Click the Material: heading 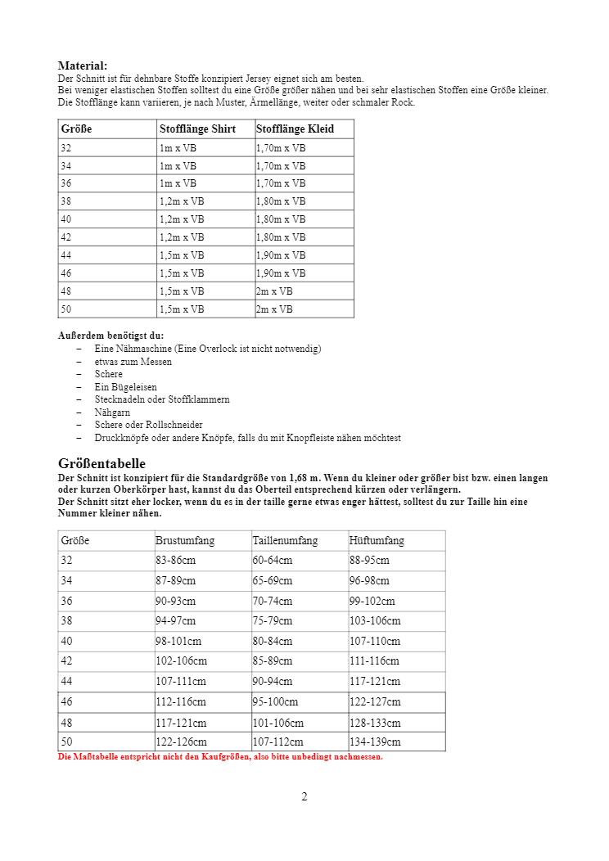pos(82,65)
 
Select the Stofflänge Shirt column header pos(197,129)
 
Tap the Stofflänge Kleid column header pos(295,129)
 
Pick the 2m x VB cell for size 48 pos(274,291)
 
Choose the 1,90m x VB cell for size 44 pos(281,255)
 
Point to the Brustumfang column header pos(185,541)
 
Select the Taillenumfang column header pos(285,541)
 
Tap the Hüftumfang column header pos(377,541)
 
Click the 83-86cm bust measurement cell pos(175,561)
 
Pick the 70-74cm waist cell pos(273,601)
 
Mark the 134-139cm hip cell pos(375,742)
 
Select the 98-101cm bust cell pos(178,642)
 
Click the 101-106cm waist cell pos(277,723)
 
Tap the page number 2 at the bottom pos(304,797)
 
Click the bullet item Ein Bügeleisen pos(125,387)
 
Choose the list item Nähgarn pos(112,412)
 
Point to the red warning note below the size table pos(220,757)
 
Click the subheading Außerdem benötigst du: pos(111,336)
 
